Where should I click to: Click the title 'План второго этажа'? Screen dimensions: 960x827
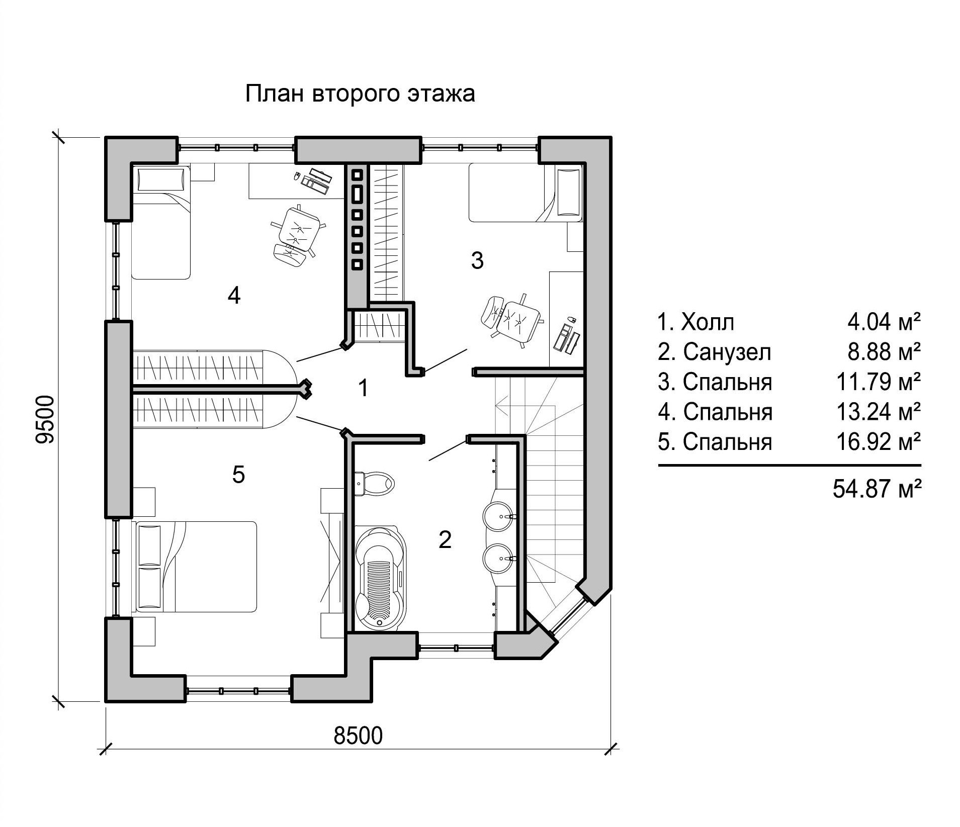[360, 94]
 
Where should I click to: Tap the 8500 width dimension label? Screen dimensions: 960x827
[358, 736]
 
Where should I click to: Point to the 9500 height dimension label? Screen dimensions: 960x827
[45, 420]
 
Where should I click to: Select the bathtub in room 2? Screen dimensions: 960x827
[380, 577]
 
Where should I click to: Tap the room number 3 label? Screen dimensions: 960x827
[477, 260]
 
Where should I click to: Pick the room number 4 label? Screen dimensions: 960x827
[234, 295]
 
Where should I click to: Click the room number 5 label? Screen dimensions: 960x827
[238, 474]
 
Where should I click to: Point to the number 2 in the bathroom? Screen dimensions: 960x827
[445, 539]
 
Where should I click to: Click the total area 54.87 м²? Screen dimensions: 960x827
[877, 488]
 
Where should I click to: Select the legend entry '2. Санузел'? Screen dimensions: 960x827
[714, 352]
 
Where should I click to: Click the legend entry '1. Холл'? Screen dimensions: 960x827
[696, 322]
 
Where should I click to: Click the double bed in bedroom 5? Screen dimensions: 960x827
[196, 567]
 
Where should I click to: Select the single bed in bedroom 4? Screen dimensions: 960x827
[161, 223]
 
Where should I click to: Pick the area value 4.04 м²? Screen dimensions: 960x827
[884, 322]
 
